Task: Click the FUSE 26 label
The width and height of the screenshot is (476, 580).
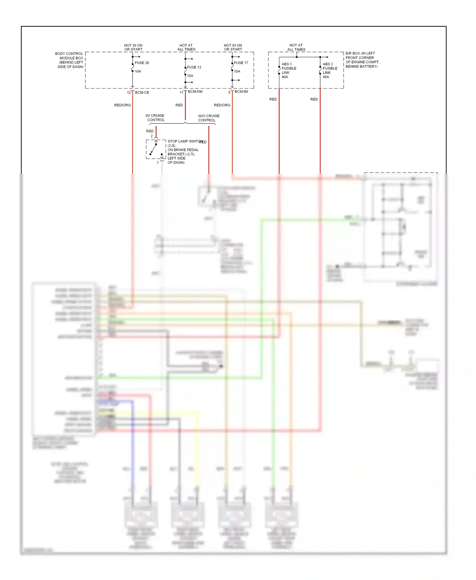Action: tap(142, 63)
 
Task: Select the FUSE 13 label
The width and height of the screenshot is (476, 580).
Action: tap(194, 67)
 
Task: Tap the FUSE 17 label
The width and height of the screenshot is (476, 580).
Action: tap(241, 63)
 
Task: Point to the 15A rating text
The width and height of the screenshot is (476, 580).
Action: tap(190, 76)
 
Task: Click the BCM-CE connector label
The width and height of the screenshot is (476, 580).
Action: tap(142, 93)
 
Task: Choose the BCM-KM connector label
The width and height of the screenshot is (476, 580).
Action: tap(195, 92)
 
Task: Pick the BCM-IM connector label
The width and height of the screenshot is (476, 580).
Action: tap(241, 92)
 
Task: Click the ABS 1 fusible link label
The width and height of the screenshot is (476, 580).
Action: tap(289, 70)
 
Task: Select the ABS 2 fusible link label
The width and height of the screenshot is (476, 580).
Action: tap(330, 70)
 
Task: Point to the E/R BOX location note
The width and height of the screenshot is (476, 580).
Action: tap(362, 60)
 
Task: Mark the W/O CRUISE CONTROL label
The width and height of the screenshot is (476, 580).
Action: tap(208, 118)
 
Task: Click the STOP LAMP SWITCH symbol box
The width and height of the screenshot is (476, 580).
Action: tap(156, 149)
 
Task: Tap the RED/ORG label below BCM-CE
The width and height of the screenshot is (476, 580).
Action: tap(122, 105)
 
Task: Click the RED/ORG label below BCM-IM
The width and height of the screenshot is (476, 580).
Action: tap(222, 105)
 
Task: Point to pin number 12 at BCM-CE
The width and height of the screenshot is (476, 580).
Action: tap(129, 93)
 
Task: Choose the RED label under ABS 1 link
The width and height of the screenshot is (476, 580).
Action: tap(273, 99)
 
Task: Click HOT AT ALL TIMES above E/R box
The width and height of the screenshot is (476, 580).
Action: tap(296, 47)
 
